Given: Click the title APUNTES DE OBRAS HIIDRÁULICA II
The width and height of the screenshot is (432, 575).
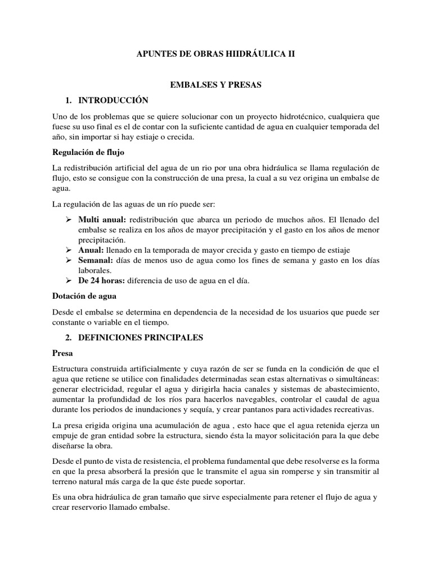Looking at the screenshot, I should point(216,54).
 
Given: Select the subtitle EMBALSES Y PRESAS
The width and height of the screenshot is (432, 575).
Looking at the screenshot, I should point(217,85).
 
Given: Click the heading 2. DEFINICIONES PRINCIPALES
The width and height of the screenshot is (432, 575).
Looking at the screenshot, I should point(134,337).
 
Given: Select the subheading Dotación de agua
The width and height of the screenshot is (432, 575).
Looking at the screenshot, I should point(84,295).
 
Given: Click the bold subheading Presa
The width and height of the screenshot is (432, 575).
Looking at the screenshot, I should point(62,354).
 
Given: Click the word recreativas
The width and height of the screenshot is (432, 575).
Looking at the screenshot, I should point(348,410).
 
